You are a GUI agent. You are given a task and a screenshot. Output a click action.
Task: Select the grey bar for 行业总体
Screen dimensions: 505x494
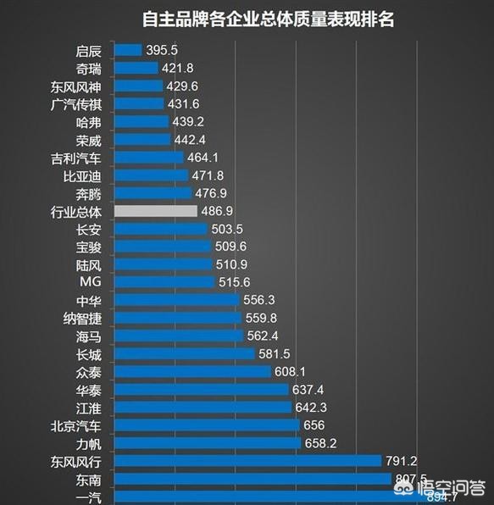pyautogui.click(x=155, y=211)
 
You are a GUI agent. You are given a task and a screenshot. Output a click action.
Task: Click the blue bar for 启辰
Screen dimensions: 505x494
pyautogui.click(x=127, y=51)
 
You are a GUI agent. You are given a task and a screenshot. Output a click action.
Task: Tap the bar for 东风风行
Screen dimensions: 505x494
pyautogui.click(x=247, y=461)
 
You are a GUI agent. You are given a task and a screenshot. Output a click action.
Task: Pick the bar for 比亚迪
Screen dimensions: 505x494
pyautogui.click(x=151, y=175)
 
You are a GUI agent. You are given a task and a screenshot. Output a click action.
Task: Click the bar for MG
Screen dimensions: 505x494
pyautogui.click(x=164, y=282)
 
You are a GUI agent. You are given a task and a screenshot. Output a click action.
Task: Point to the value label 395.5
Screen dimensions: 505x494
pyautogui.click(x=161, y=51)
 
